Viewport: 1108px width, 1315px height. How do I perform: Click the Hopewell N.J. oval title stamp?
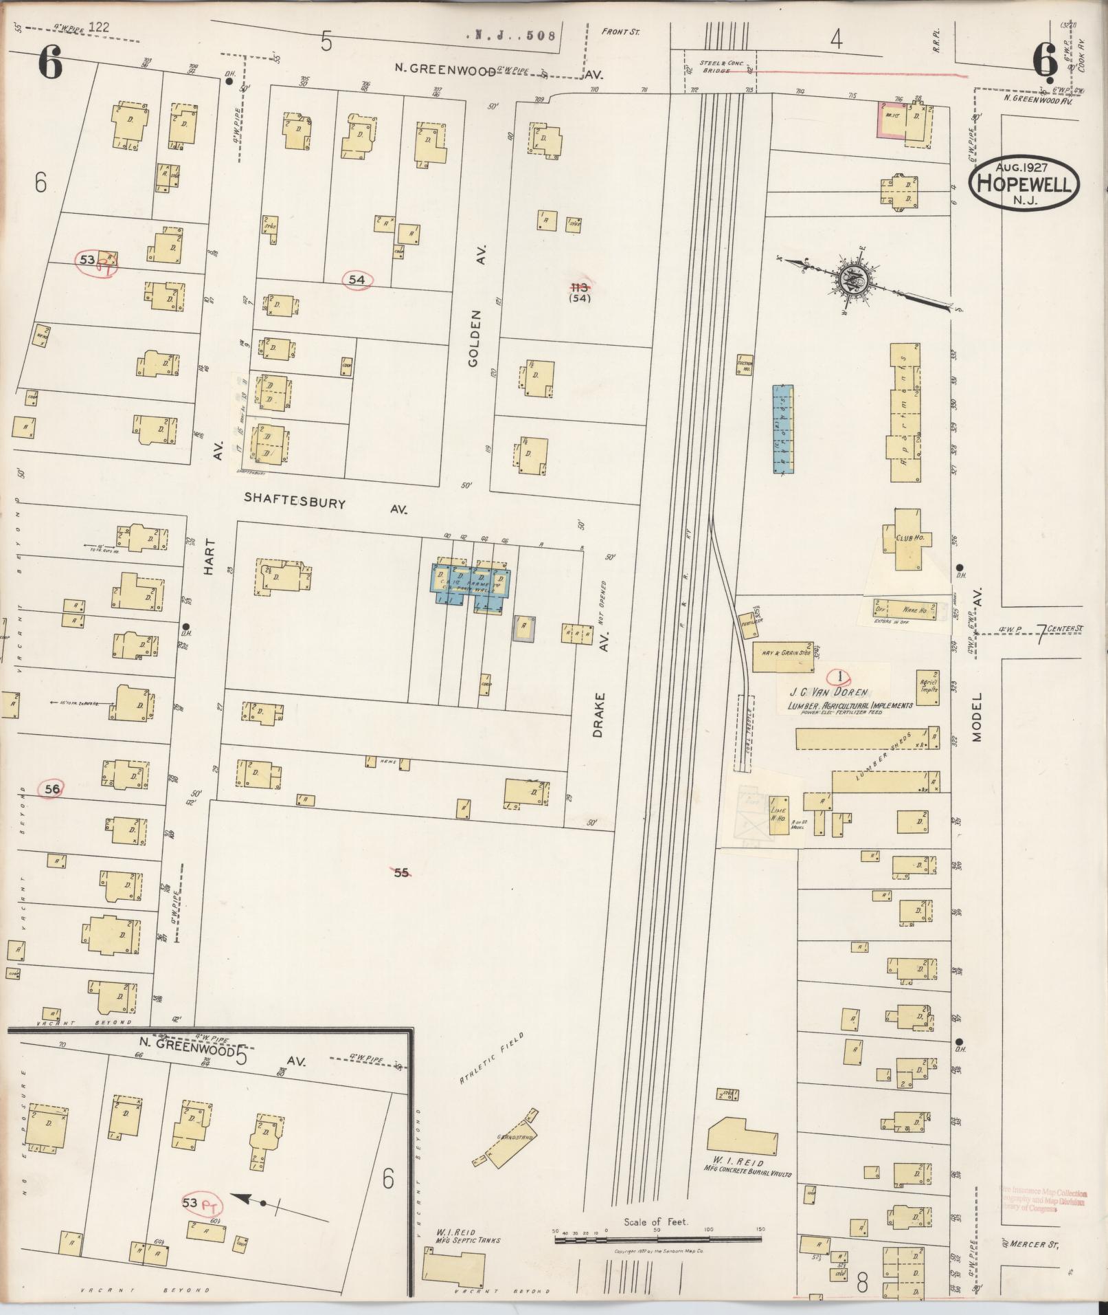(1024, 183)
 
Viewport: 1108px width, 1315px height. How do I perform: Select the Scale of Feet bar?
(657, 1239)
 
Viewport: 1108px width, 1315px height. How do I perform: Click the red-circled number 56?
(52, 790)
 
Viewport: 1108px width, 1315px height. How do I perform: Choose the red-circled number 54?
(357, 280)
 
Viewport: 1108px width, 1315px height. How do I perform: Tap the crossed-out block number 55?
(401, 873)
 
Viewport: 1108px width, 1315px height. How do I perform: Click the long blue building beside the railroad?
(782, 430)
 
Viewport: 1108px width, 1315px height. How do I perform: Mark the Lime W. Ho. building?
(778, 815)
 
